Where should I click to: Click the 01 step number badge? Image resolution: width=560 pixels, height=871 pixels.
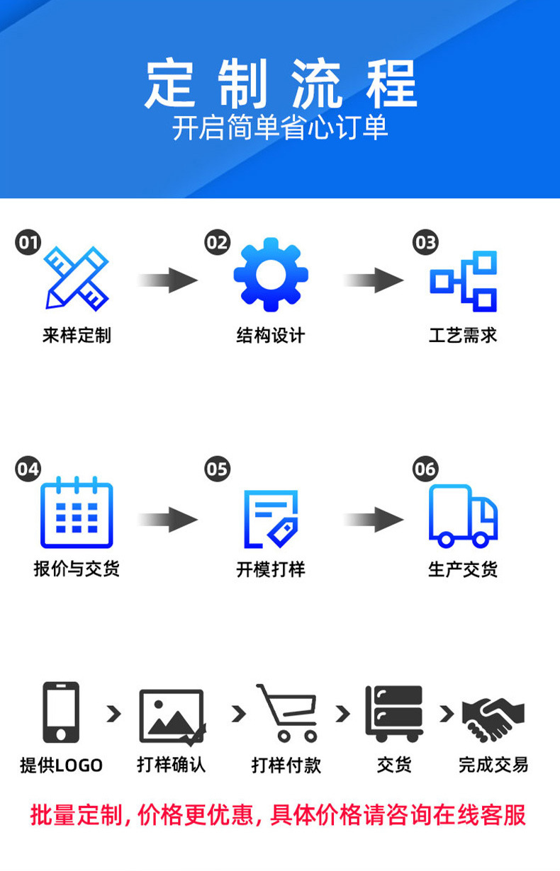(x=28, y=242)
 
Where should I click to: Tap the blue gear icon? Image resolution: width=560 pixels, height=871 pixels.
(x=271, y=275)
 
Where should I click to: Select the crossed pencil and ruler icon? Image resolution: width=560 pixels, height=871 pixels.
(x=77, y=278)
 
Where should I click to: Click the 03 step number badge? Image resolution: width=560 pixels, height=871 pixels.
(x=425, y=242)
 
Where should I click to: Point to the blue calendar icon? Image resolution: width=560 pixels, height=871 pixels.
(x=77, y=512)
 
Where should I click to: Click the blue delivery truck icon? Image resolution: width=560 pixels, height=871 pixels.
(x=463, y=516)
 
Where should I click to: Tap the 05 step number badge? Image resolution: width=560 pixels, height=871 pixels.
(x=217, y=469)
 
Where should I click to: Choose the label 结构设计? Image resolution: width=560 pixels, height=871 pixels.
(x=271, y=335)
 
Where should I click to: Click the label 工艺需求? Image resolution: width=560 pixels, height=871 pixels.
(x=463, y=335)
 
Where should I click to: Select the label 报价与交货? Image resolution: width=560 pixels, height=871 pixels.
(x=77, y=569)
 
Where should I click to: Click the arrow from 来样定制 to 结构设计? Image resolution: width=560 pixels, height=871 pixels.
(x=168, y=280)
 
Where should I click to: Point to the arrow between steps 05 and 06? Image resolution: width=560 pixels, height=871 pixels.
(x=374, y=520)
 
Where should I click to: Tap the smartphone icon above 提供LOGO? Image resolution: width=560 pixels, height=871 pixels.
(x=61, y=712)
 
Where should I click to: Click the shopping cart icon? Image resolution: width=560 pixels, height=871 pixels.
(x=287, y=713)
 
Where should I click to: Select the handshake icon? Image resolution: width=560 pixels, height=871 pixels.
(x=493, y=719)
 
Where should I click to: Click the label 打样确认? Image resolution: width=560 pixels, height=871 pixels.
(x=172, y=765)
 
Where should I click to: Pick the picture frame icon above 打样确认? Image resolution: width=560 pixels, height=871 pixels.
(x=172, y=717)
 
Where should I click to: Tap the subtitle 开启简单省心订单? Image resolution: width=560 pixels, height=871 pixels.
(x=280, y=127)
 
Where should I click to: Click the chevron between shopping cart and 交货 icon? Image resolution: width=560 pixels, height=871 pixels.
(x=343, y=714)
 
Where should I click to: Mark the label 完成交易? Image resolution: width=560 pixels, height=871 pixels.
(x=493, y=765)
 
